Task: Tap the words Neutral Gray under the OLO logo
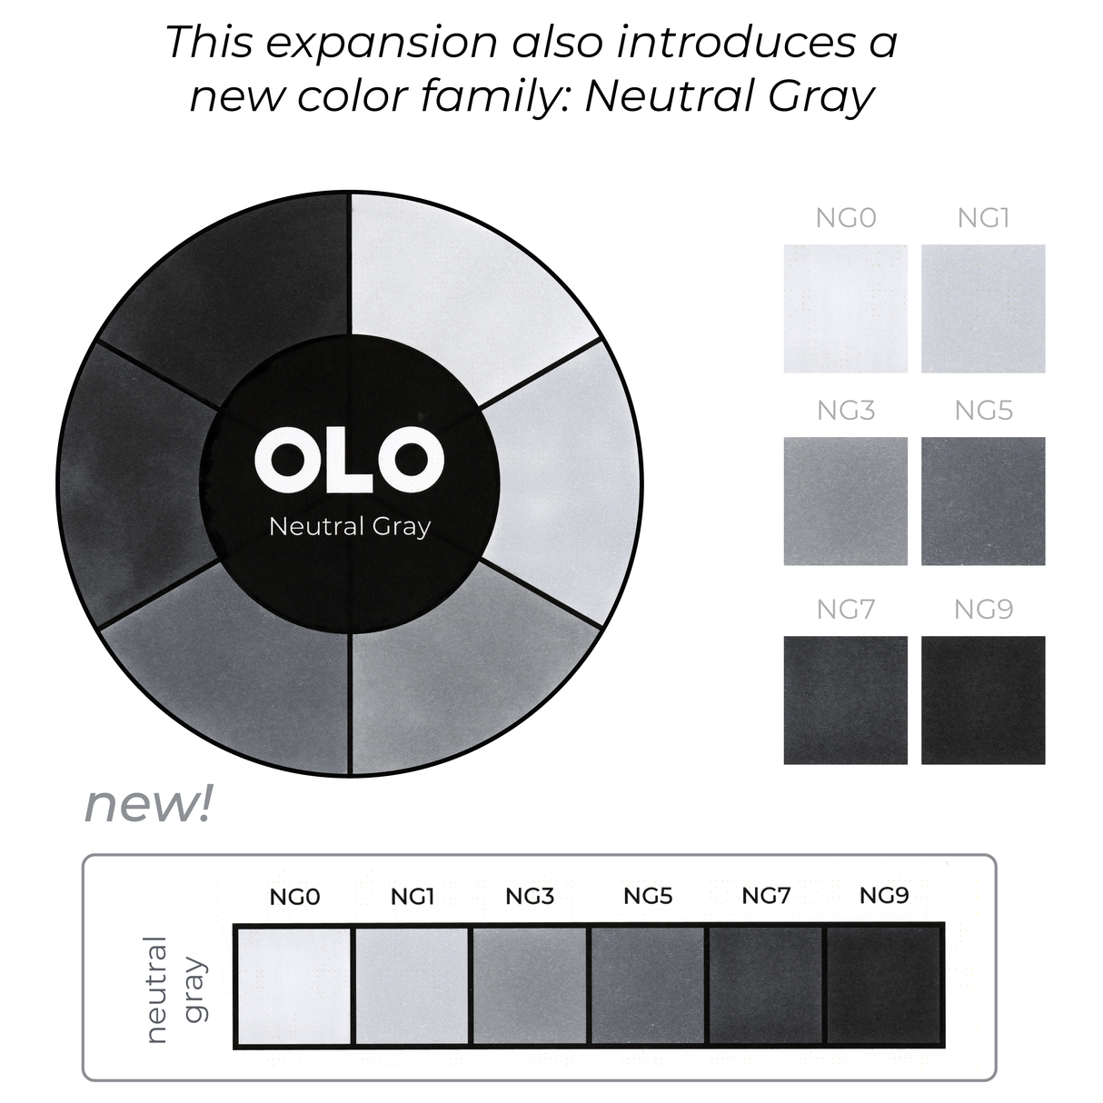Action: (x=350, y=526)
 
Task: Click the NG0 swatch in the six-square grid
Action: (x=845, y=308)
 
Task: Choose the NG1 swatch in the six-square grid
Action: (x=983, y=308)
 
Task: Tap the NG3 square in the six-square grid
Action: (x=845, y=501)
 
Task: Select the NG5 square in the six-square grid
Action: (x=983, y=501)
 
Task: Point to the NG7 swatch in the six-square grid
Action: (x=845, y=700)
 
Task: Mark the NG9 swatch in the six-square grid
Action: (x=983, y=700)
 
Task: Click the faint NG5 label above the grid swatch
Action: (x=983, y=411)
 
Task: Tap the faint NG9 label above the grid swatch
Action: (x=983, y=609)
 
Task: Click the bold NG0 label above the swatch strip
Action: (x=294, y=897)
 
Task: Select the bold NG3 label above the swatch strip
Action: (x=530, y=897)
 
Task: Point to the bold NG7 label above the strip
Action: (x=766, y=896)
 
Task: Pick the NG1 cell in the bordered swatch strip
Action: (x=412, y=986)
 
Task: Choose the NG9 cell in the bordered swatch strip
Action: (x=884, y=986)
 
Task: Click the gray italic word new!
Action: (x=147, y=804)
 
